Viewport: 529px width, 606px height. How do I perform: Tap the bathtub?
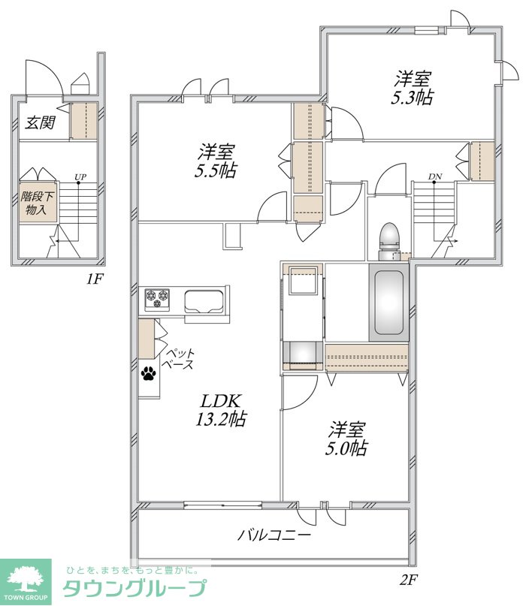pyautogui.click(x=388, y=302)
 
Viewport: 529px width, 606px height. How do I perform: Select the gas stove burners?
pyautogui.click(x=157, y=299)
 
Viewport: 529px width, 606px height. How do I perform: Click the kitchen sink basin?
pyautogui.click(x=204, y=301)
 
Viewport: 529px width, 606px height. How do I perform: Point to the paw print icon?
pyautogui.click(x=149, y=373)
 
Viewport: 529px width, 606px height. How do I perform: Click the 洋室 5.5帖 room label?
pyautogui.click(x=216, y=161)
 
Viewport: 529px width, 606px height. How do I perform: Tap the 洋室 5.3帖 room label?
pyautogui.click(x=413, y=88)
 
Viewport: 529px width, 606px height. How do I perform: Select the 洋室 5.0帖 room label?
pyautogui.click(x=346, y=439)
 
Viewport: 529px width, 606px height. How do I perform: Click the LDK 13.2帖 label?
pyautogui.click(x=221, y=410)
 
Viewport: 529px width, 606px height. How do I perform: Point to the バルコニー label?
pyautogui.click(x=274, y=535)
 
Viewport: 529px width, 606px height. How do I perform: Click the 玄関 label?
pyautogui.click(x=41, y=122)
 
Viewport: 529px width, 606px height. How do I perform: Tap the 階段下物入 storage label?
pyautogui.click(x=36, y=203)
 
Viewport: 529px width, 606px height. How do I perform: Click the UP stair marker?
pyautogui.click(x=80, y=177)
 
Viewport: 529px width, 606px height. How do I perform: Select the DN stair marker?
pyautogui.click(x=435, y=176)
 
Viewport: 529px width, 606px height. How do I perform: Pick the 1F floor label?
pyautogui.click(x=94, y=279)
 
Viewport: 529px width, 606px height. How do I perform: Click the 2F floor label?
pyautogui.click(x=408, y=579)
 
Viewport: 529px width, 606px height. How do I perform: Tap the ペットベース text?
pyautogui.click(x=180, y=359)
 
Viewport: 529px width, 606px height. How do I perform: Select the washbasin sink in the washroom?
pyautogui.click(x=303, y=280)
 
